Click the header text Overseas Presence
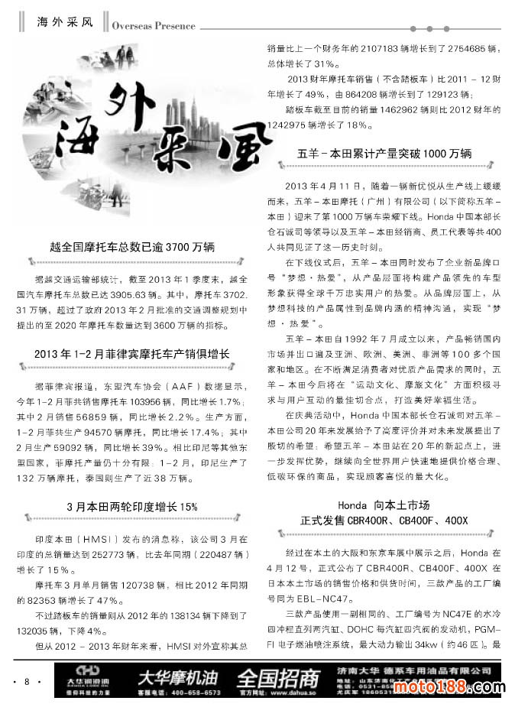[x=153, y=25]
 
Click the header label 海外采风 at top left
[x=65, y=21]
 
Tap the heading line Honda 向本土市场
[x=384, y=505]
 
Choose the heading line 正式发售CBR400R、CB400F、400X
[x=384, y=521]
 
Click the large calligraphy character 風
[x=235, y=152]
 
